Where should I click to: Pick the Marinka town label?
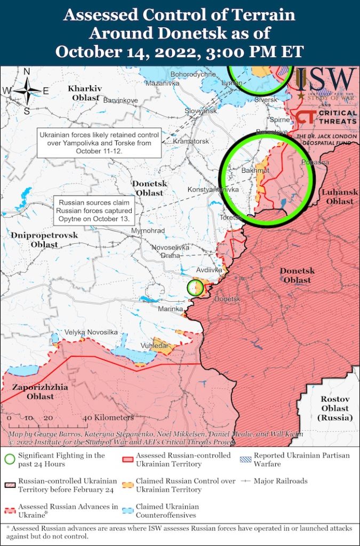171,309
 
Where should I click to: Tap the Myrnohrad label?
148,230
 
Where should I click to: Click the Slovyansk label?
201,111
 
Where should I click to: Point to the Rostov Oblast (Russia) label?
335,408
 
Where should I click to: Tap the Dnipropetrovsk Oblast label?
44,239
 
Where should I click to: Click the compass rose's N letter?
27,73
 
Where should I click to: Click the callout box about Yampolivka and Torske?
99,143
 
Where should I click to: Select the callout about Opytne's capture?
95,211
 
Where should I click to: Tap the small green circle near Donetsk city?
195,287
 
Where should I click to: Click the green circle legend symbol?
9,460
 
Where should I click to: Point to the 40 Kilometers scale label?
108,417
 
